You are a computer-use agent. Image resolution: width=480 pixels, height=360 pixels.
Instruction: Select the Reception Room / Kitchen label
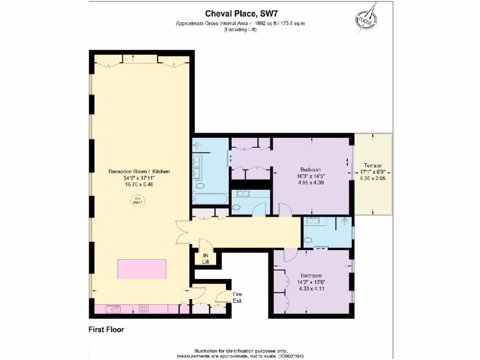(139, 172)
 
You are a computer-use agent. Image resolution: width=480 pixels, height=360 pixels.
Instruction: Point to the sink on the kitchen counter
(113, 309)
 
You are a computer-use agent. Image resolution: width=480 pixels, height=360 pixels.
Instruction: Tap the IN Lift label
(205, 258)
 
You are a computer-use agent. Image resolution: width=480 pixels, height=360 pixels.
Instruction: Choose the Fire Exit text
(237, 297)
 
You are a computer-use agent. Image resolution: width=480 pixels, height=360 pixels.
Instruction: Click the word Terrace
(371, 166)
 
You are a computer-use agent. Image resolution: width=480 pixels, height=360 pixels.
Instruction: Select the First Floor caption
(106, 330)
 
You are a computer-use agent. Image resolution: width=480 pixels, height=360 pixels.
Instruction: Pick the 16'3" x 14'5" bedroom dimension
(311, 176)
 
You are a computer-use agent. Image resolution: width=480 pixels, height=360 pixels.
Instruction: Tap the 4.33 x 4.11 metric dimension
(311, 288)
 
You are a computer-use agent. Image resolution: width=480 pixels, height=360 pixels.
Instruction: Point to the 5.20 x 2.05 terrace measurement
(373, 178)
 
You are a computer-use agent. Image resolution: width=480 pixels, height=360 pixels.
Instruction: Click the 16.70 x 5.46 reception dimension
(139, 185)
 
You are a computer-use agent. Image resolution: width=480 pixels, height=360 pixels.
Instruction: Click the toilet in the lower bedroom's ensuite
(308, 241)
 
